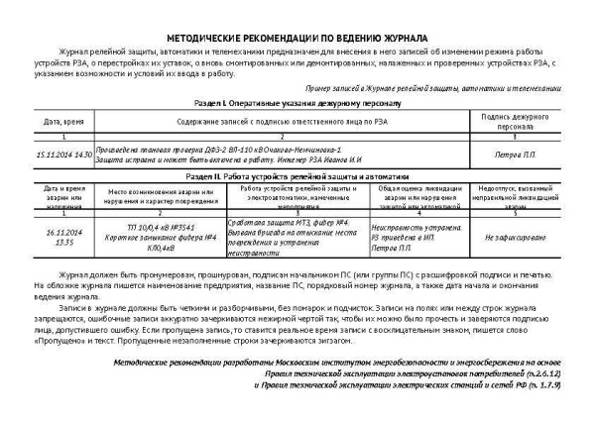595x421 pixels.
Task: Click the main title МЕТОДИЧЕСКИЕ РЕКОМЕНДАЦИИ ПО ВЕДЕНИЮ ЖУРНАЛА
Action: [297, 35]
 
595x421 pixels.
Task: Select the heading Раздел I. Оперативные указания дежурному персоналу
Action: [297, 103]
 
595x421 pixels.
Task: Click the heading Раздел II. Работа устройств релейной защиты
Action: [297, 175]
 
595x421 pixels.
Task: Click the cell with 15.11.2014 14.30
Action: [62, 155]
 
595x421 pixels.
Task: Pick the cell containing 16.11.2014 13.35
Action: [62, 237]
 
